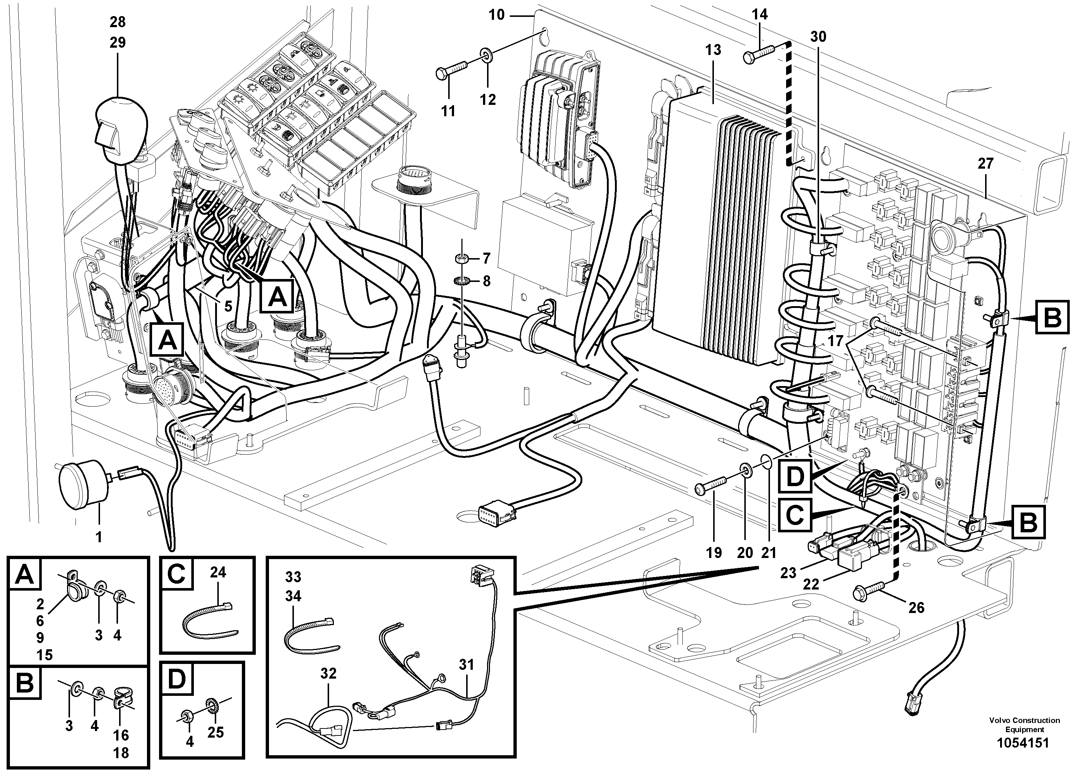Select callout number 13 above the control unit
(713, 50)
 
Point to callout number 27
(985, 164)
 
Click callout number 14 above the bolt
(760, 15)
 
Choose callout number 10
(496, 15)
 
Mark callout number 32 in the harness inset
(328, 673)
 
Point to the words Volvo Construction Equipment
(1024, 724)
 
